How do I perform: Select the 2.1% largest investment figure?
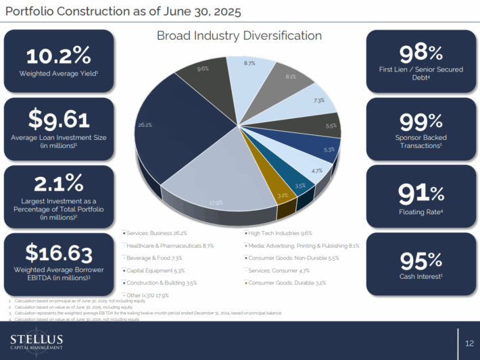[57, 183]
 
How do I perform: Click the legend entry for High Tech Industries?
[277, 233]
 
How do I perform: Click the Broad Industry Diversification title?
[239, 35]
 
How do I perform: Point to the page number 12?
[469, 343]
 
